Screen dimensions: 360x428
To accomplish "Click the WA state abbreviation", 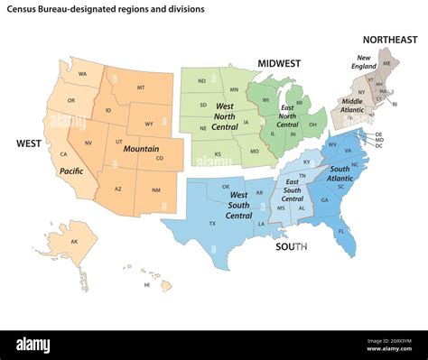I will (x=82, y=74).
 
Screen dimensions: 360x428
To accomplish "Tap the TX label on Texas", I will (x=213, y=222).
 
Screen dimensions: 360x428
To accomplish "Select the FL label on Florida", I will (x=341, y=230).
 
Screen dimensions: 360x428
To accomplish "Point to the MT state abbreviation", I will (x=141, y=88).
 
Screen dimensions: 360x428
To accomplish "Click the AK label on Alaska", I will (x=75, y=242).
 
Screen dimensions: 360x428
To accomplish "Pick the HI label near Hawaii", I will (x=147, y=284).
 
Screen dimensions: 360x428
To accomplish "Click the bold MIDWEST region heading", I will (x=279, y=64).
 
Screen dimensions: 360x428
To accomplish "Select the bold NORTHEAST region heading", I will (x=390, y=40).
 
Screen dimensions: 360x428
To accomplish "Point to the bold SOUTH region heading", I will (x=292, y=245).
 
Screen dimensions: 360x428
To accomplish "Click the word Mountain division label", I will (x=143, y=149).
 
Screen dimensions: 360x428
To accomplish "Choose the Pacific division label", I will (x=72, y=171).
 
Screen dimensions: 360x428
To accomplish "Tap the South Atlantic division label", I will (x=340, y=174).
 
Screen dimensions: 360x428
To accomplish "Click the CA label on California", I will (x=64, y=154).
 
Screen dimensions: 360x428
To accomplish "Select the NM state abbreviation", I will (x=155, y=189).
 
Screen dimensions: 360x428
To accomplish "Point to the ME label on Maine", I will (x=387, y=63).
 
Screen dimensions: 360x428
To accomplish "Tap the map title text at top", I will (x=107, y=8).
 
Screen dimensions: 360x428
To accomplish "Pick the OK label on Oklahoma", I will (x=226, y=187).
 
